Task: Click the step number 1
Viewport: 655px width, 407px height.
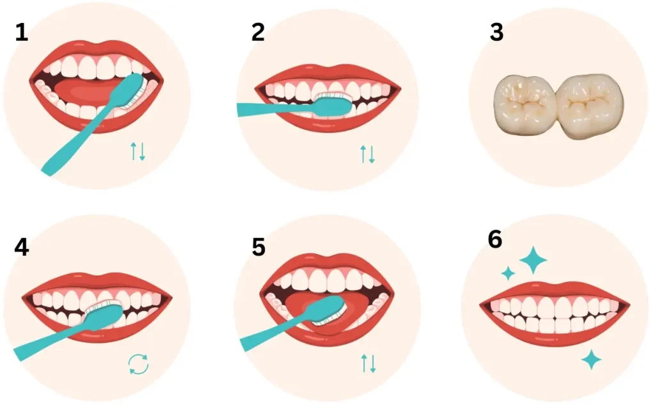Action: [x=22, y=32]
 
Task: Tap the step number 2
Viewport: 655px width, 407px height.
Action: [x=258, y=32]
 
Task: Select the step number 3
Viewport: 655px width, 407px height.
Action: [x=496, y=32]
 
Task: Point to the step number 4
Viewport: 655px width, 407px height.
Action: [x=22, y=247]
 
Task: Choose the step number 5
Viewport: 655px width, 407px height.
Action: [x=258, y=247]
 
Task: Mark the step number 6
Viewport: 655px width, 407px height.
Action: [x=495, y=239]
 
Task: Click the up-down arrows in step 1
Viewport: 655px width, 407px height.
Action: [x=138, y=151]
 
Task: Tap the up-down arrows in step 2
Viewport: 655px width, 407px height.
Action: [x=368, y=154]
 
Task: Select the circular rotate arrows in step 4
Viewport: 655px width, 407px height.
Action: [x=138, y=364]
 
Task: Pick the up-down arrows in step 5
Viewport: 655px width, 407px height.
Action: [x=368, y=363]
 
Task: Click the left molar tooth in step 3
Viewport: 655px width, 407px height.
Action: [x=525, y=105]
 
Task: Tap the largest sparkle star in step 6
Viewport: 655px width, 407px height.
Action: [x=533, y=260]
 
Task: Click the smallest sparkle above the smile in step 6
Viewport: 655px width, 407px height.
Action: [x=509, y=273]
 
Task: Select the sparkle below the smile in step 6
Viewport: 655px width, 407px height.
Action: [x=591, y=360]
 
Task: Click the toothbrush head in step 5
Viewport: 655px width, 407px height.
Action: [x=328, y=310]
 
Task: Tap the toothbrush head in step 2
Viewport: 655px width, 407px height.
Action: [x=333, y=105]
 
